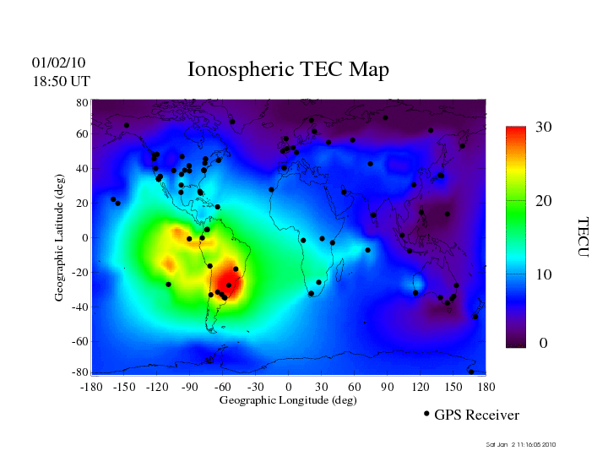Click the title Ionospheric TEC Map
click(288, 70)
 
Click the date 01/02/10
click(59, 63)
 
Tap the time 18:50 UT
click(61, 81)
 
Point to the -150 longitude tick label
click(123, 387)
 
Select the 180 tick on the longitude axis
click(486, 387)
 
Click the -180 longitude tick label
click(90, 387)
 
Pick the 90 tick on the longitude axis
click(388, 387)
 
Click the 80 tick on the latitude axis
click(83, 102)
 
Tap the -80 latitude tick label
click(80, 372)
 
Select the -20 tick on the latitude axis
click(80, 273)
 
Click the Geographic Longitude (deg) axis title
click(288, 400)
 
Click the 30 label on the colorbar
click(544, 127)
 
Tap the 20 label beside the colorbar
click(544, 201)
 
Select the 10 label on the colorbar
click(544, 274)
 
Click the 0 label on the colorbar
click(544, 344)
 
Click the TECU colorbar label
click(582, 236)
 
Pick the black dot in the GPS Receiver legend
click(426, 414)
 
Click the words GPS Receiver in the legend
click(476, 415)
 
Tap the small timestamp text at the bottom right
click(521, 444)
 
